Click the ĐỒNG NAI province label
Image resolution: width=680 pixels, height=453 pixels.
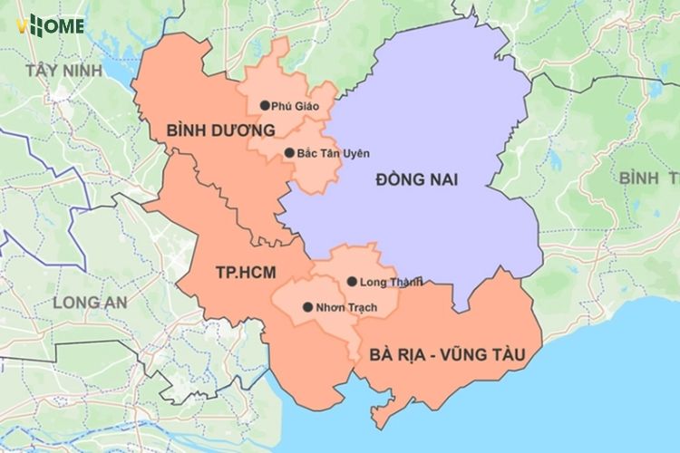point(416,179)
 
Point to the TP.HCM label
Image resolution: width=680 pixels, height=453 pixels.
point(246,273)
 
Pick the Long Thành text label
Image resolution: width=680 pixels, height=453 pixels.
point(391,282)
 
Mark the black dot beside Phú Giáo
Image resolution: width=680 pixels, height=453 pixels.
point(265,106)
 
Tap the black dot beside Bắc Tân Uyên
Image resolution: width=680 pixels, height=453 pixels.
point(289,153)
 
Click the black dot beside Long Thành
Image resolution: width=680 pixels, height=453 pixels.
point(352,282)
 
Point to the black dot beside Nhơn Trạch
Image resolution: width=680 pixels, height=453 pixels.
point(307,308)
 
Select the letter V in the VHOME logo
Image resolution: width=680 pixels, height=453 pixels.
point(33,24)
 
